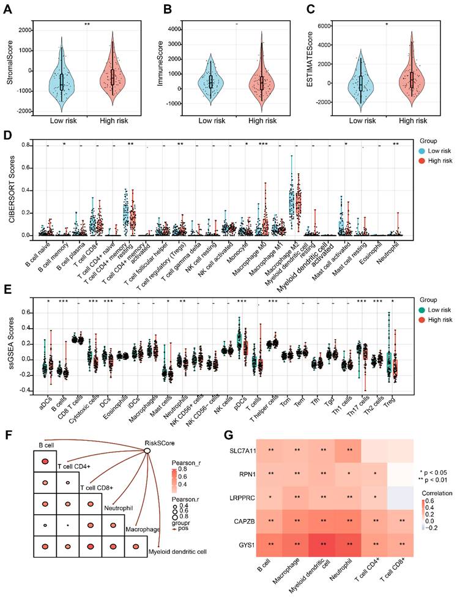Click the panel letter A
tap(11, 9)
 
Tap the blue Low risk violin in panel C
tap(361, 83)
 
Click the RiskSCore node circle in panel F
tap(147, 451)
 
